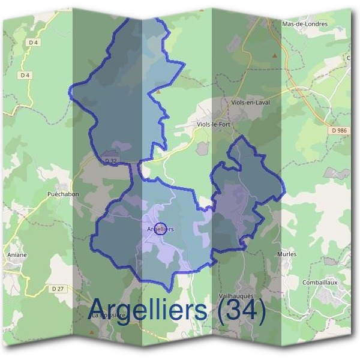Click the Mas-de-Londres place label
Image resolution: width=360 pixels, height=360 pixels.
[305, 24]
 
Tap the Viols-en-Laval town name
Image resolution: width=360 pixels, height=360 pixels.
[250, 103]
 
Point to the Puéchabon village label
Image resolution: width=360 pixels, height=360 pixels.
[63, 194]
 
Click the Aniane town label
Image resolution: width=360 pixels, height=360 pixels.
[17, 254]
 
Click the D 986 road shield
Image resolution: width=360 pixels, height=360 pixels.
[339, 130]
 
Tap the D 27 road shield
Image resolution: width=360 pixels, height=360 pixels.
[58, 288]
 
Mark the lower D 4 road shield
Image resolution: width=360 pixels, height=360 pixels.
[25, 75]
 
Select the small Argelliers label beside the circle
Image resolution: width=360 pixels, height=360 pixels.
[160, 229]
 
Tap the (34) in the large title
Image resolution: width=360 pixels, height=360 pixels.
[240, 310]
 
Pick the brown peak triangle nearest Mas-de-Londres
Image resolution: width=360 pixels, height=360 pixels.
[275, 56]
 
